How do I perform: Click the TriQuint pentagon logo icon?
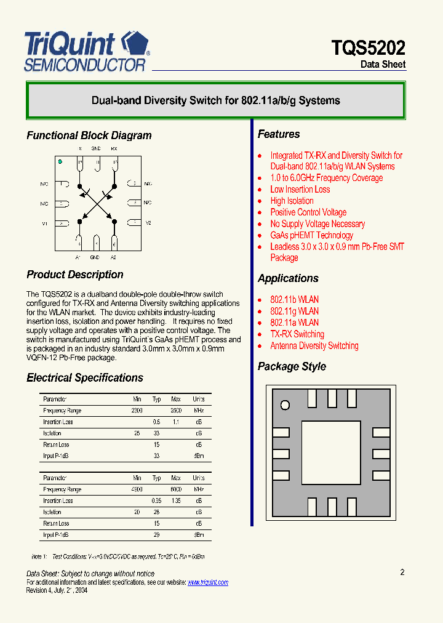click(x=135, y=44)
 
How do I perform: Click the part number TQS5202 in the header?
click(x=368, y=48)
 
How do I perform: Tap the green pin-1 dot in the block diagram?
click(x=60, y=162)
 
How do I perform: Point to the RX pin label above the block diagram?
click(x=114, y=149)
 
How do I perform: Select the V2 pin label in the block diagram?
click(x=148, y=223)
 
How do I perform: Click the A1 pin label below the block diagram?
click(x=78, y=257)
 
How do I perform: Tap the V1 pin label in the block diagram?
click(x=44, y=223)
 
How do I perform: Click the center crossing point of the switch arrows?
click(x=97, y=203)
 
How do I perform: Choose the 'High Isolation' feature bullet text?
click(x=292, y=201)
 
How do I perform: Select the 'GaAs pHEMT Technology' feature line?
click(x=311, y=235)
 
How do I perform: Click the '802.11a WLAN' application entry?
click(x=294, y=323)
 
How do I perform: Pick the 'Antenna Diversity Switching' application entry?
click(x=314, y=346)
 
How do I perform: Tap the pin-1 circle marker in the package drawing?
click(x=285, y=405)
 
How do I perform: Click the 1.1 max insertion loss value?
click(x=176, y=422)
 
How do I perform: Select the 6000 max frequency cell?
click(x=176, y=490)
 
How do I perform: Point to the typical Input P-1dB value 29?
click(x=156, y=535)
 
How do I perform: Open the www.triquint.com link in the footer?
click(x=207, y=582)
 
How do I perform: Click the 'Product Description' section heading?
click(x=74, y=275)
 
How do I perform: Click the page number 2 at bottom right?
click(x=402, y=573)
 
